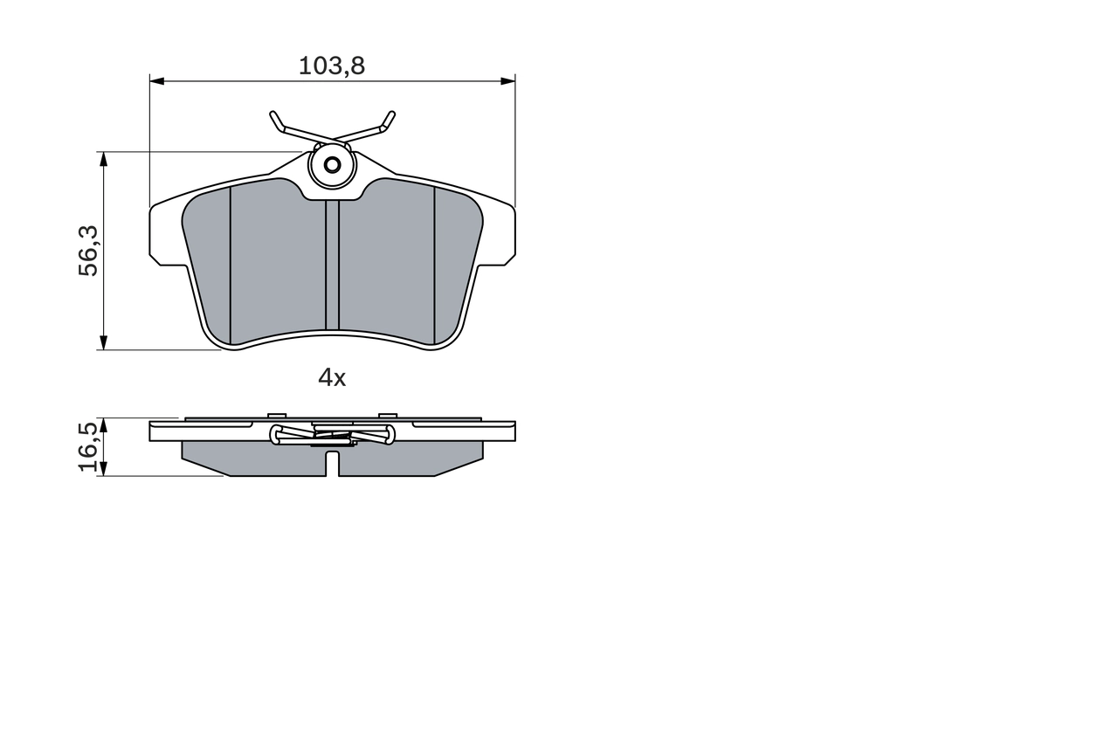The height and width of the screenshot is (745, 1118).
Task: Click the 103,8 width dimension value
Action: click(332, 66)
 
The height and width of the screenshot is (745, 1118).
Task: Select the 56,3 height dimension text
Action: click(89, 251)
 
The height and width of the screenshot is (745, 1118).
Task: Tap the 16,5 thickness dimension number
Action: click(89, 447)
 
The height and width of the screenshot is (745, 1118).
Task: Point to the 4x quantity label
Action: click(332, 378)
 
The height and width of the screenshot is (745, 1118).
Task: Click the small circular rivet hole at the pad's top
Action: click(332, 164)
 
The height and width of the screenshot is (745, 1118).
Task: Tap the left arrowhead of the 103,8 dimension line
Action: click(157, 81)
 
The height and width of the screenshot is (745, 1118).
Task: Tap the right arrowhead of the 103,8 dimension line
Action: click(507, 81)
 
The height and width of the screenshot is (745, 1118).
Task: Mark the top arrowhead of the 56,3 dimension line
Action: click(103, 159)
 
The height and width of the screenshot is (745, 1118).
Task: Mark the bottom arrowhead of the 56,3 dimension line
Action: click(103, 342)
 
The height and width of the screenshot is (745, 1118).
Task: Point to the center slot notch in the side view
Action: click(332, 464)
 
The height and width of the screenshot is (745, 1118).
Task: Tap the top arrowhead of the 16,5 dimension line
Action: click(103, 424)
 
